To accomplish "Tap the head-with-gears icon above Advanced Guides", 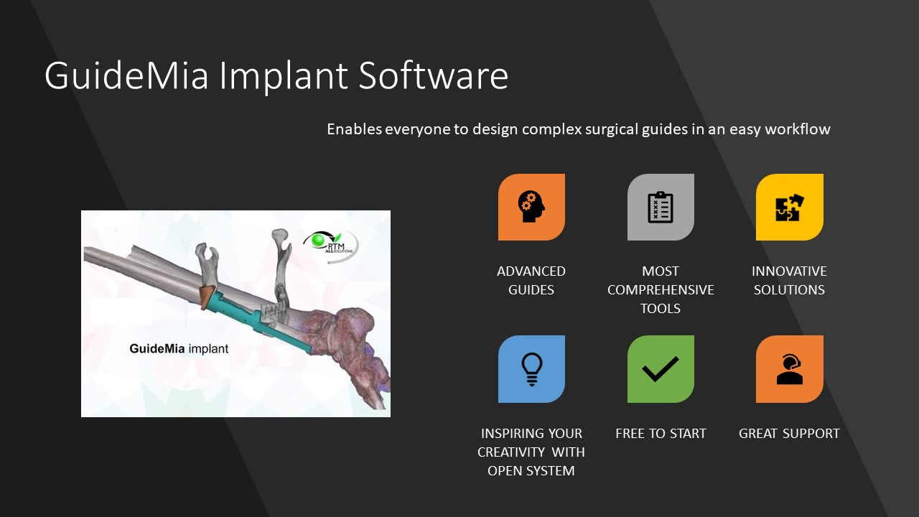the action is click(x=531, y=207).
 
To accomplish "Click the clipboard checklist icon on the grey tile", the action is click(x=660, y=208).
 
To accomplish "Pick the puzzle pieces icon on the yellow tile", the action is click(x=789, y=208).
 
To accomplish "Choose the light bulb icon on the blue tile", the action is click(x=532, y=369).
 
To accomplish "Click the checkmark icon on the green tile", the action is click(x=661, y=369).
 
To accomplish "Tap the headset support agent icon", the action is click(x=789, y=369).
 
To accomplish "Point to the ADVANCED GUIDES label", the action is click(x=531, y=280).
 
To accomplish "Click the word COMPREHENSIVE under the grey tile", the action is click(x=661, y=289).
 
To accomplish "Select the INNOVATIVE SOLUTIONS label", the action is click(x=789, y=280).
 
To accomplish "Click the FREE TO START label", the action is click(x=661, y=433).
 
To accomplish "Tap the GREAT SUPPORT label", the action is click(x=789, y=433).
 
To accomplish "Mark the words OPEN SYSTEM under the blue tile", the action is click(x=531, y=470).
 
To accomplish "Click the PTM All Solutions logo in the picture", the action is click(x=331, y=246).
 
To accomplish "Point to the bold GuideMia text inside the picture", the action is click(x=157, y=349).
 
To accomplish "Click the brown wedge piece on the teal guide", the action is click(x=206, y=297).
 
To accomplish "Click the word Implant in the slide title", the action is click(x=284, y=76).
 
